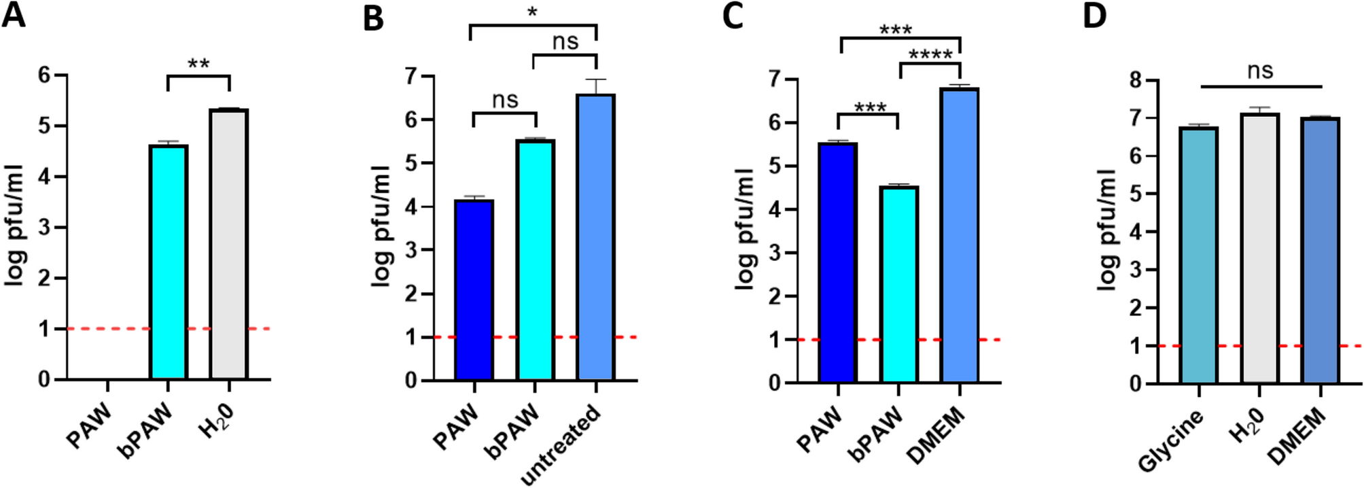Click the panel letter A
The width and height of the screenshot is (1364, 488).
tap(14, 15)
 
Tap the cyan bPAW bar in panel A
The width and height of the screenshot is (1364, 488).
tap(168, 262)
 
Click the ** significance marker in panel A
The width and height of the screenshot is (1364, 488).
tap(198, 65)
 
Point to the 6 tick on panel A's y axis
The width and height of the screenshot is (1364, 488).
tap(44, 75)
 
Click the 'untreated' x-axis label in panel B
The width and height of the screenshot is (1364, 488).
tap(561, 445)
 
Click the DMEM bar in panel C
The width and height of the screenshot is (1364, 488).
tap(960, 234)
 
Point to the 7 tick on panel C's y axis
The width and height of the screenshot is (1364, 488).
tap(774, 80)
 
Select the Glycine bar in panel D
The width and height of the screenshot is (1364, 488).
tap(1198, 255)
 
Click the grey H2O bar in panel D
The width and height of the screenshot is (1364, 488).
tap(1259, 248)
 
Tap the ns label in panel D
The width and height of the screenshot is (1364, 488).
tap(1260, 71)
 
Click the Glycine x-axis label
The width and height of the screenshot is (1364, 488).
tap(1170, 442)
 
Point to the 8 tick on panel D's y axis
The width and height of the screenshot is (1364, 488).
tap(1134, 80)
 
